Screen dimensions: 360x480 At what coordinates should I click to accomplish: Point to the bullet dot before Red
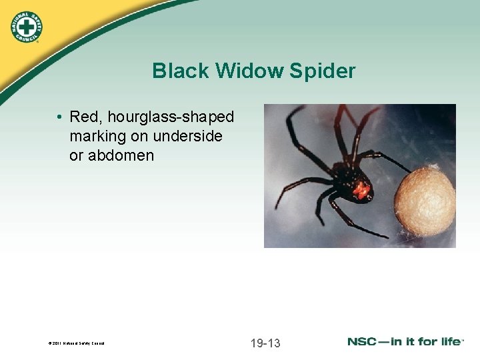(x=60, y=117)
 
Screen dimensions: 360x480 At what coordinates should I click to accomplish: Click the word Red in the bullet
(x=84, y=117)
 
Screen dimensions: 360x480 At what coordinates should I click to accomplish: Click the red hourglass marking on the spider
(x=361, y=191)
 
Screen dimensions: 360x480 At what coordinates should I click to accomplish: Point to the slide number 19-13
(x=265, y=343)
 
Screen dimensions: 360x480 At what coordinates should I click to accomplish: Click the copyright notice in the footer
(x=77, y=344)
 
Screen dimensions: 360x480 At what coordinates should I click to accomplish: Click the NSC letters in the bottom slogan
(x=365, y=341)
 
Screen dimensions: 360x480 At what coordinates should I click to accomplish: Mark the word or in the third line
(x=76, y=156)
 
